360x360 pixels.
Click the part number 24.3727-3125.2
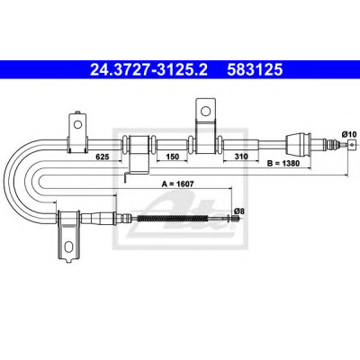point(148,70)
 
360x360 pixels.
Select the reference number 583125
point(255,70)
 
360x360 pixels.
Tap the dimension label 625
point(102,157)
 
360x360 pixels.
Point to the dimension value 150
point(173,157)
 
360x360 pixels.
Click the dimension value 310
point(241,157)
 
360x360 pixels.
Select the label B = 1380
point(283,164)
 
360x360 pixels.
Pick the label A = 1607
point(177,184)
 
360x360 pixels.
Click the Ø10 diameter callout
point(348,134)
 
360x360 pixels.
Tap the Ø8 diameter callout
point(239,211)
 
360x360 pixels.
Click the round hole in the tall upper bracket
point(205,111)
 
